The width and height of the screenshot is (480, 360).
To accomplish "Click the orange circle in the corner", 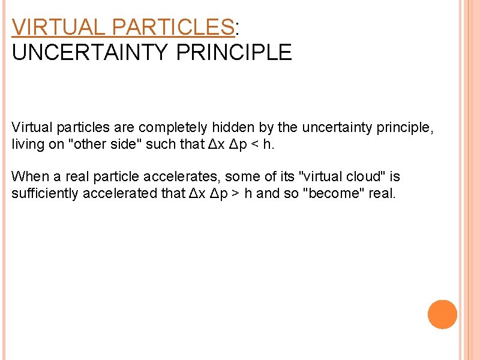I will pyautogui.click(x=442, y=314).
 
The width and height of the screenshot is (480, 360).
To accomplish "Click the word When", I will pyautogui.click(x=26, y=176).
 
